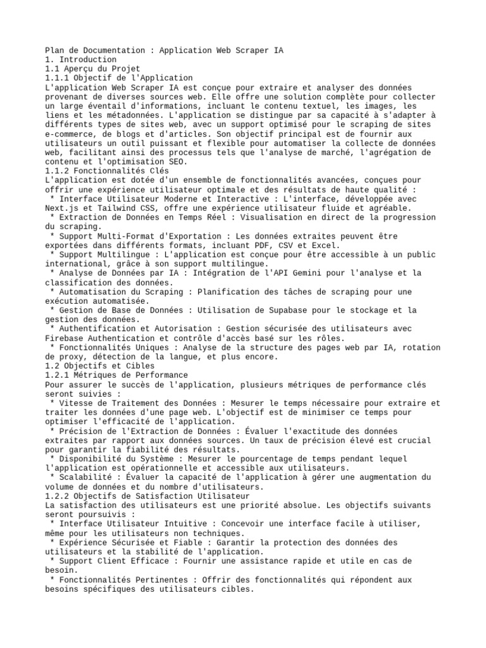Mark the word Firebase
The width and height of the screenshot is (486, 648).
click(x=66, y=338)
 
